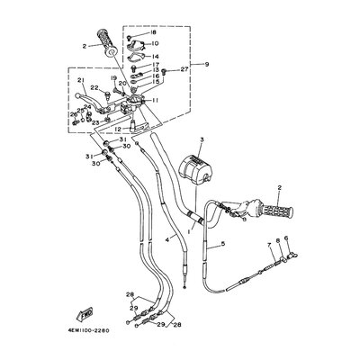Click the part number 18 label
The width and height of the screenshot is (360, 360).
pos(153,32)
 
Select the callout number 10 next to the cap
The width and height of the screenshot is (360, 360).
pos(155,43)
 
